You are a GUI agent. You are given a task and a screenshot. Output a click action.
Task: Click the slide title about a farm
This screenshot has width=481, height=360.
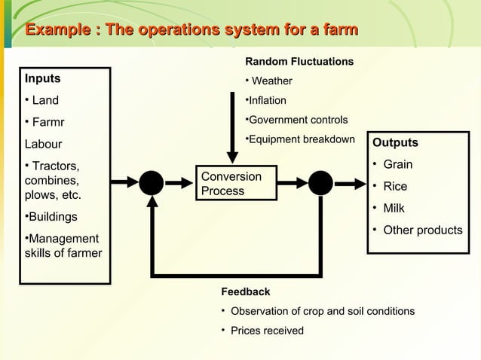(191, 30)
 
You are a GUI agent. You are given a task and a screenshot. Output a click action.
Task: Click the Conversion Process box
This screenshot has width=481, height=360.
(231, 183)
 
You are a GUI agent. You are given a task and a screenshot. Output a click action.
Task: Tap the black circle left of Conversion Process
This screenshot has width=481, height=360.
(151, 182)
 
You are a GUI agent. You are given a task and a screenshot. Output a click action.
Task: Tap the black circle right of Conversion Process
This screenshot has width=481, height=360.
(320, 182)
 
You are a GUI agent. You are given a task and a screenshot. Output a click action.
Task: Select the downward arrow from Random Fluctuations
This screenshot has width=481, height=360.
(232, 128)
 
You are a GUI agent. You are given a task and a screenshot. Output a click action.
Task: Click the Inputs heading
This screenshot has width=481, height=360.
(43, 78)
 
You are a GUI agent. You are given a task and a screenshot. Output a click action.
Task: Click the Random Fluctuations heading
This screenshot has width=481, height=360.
(299, 61)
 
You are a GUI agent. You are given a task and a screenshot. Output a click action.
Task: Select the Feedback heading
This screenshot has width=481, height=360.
(245, 291)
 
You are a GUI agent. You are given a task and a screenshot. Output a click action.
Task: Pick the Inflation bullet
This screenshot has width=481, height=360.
(267, 100)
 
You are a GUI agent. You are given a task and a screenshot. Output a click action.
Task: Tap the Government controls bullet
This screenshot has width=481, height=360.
(298, 120)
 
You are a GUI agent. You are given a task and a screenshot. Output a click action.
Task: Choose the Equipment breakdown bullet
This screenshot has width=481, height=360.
(301, 139)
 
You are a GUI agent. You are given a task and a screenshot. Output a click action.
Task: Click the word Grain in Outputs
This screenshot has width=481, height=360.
(398, 164)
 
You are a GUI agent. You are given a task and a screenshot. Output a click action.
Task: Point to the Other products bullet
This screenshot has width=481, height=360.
(422, 230)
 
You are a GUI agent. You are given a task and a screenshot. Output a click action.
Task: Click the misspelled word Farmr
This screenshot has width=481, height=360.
(48, 122)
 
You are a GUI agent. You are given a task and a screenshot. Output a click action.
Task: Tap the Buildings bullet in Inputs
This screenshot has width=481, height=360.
(53, 217)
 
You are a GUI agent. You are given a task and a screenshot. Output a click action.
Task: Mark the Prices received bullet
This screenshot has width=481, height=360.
(267, 331)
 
